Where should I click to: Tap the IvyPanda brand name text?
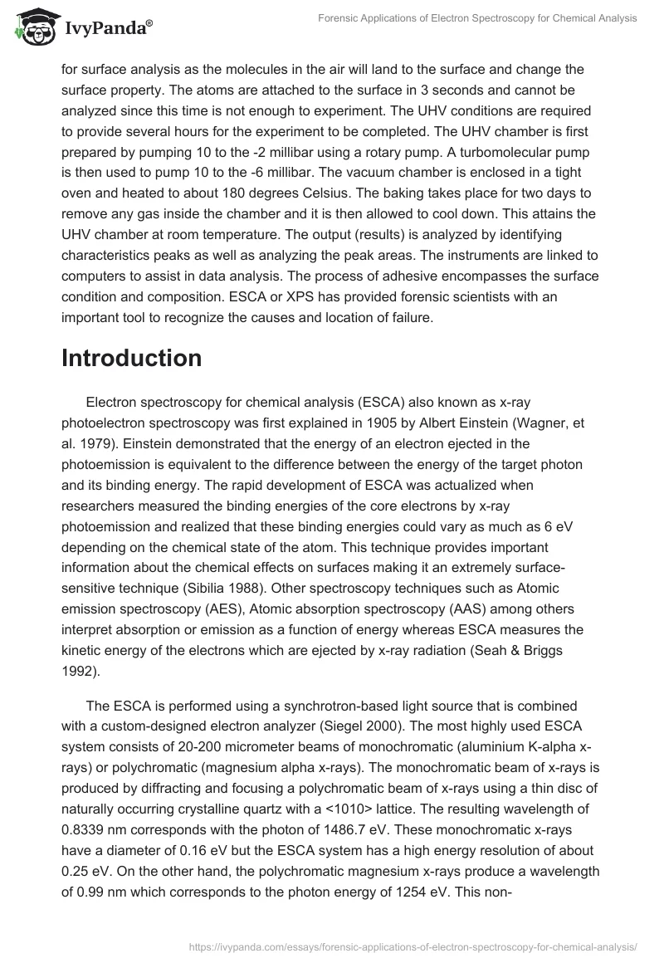(106, 28)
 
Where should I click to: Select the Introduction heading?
(131, 358)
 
